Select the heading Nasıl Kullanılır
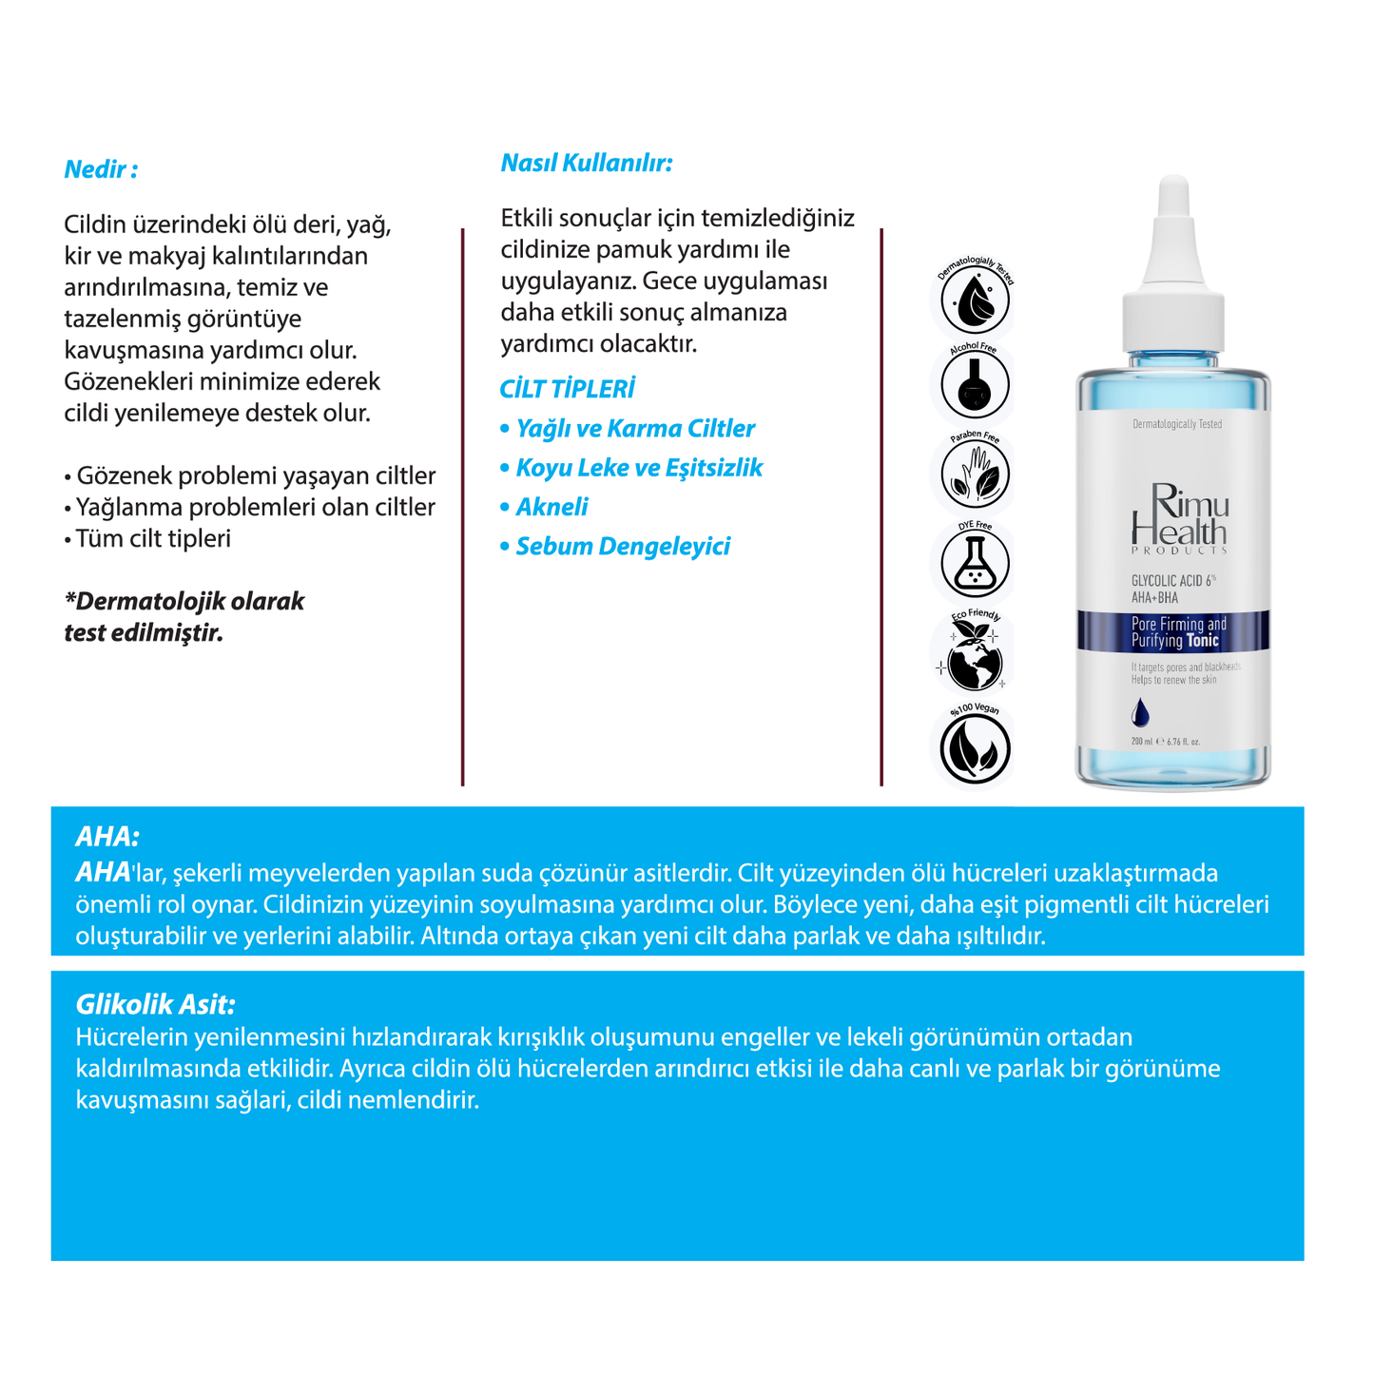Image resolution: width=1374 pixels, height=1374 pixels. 586,164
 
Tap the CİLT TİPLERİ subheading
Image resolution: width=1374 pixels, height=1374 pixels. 567,389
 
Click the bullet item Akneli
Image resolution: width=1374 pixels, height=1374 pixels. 552,507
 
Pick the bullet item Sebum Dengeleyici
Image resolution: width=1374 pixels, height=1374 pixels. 622,547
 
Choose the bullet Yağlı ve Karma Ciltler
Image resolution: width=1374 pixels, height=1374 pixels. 634,429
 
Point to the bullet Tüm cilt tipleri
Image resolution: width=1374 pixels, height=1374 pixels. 152,539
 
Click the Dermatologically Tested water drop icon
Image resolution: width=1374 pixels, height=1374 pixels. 974,300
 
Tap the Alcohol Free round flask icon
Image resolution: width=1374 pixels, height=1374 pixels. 974,386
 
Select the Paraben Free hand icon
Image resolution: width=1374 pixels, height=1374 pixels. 974,474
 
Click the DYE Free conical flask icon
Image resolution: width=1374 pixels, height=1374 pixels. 974,563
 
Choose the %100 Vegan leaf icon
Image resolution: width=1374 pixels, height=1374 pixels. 974,747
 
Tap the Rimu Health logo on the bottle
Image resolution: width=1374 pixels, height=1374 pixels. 1179,518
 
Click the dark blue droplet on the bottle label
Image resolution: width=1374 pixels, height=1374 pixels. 1140,712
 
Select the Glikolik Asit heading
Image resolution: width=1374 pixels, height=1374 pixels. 155,1005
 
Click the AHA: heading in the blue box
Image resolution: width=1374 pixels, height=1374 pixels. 106,837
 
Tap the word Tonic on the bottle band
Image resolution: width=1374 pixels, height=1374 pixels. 1202,641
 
